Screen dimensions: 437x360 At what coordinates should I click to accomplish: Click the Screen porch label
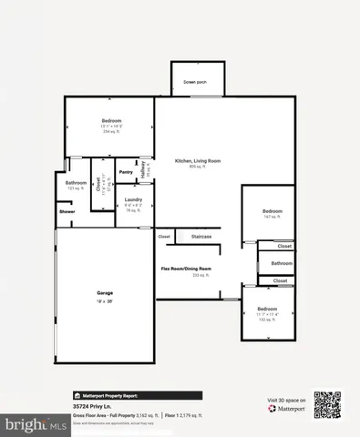click(194, 82)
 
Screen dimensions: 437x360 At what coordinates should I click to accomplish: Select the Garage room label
click(106, 292)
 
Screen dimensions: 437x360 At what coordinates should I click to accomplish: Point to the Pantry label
click(127, 171)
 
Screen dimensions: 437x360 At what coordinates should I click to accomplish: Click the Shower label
click(67, 211)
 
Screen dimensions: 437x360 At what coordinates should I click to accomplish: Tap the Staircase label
click(201, 237)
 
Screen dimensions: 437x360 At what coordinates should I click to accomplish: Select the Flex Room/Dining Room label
click(186, 269)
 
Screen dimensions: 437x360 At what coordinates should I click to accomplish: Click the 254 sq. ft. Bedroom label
click(112, 120)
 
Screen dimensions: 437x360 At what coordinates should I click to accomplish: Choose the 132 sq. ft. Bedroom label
click(266, 309)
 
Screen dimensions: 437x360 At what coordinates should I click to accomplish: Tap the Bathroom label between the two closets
click(282, 263)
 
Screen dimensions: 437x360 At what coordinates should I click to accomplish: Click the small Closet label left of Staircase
click(164, 237)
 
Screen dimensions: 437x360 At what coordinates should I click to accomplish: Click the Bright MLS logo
click(26, 424)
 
